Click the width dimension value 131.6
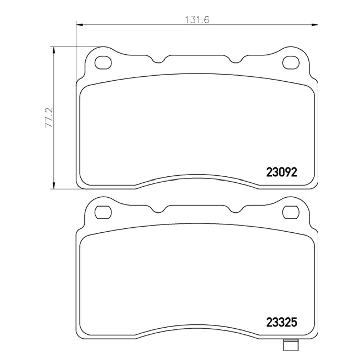click(x=197, y=20)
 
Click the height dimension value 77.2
click(x=49, y=118)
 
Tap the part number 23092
click(x=281, y=172)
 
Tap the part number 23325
click(x=281, y=323)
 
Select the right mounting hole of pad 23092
click(x=290, y=63)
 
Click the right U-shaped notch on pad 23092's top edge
click(x=236, y=60)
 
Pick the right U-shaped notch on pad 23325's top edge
click(x=236, y=210)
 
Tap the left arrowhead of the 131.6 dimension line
click(x=80, y=24)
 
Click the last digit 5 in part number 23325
click(x=294, y=323)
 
